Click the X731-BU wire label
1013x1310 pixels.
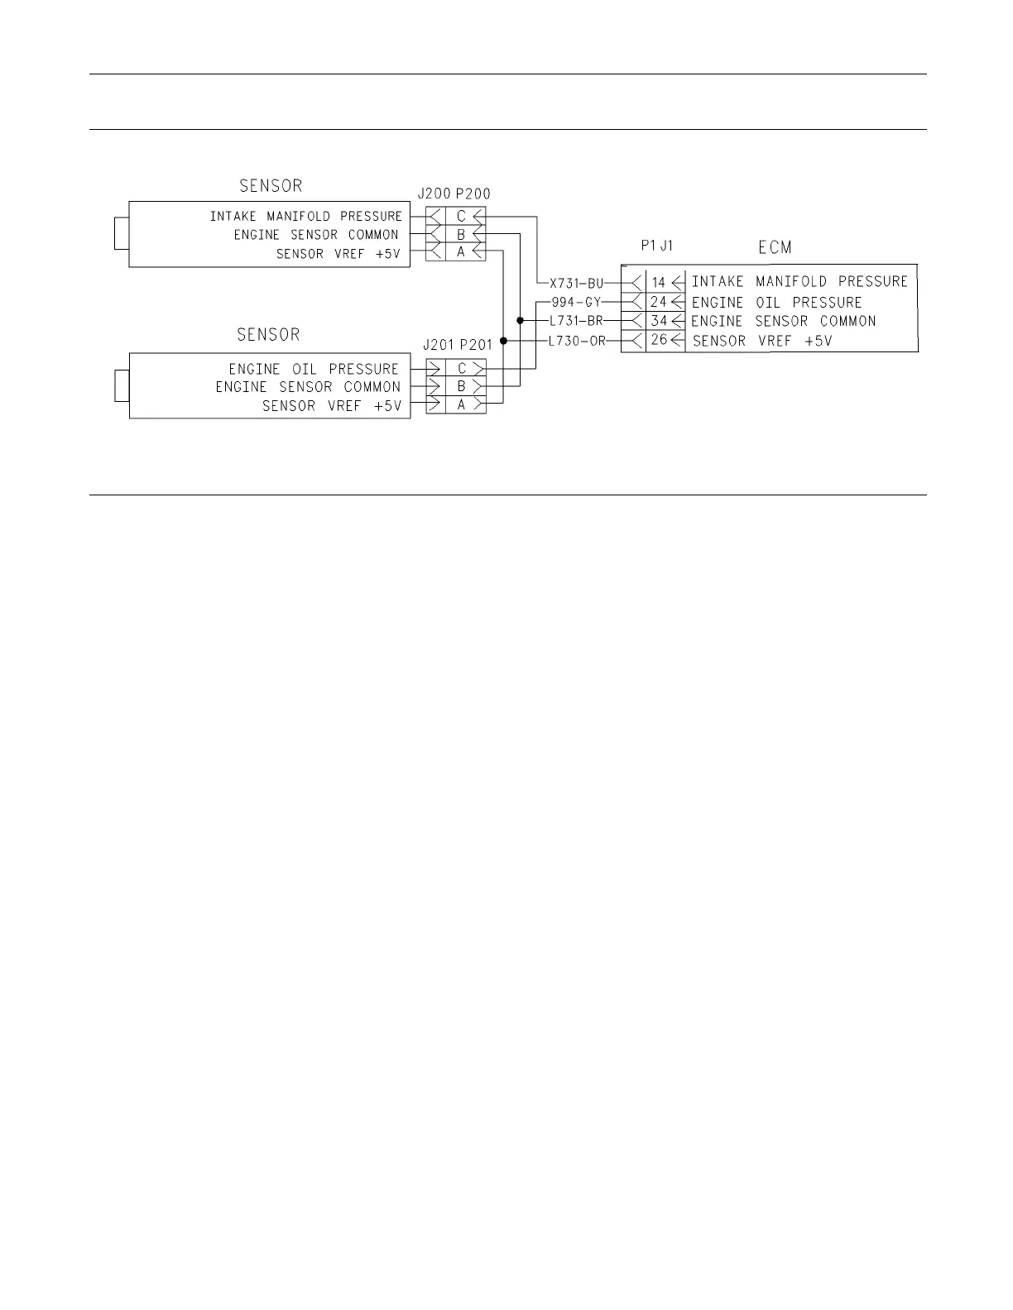coord(577,283)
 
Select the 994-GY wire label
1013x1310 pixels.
coord(576,302)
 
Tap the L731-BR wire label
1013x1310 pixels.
coord(576,321)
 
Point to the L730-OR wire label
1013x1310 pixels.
coord(577,341)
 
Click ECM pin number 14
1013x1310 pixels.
coord(658,283)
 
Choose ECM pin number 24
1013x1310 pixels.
coord(658,302)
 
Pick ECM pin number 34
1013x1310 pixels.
coord(658,321)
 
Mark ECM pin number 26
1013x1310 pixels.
coord(658,341)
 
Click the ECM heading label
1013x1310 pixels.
coord(775,247)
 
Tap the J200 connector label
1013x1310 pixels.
coord(434,194)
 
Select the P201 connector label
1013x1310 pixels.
coord(477,345)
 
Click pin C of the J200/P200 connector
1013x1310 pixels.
coord(461,217)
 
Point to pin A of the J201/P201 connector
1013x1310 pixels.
coord(461,404)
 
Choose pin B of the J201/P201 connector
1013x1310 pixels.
coord(461,386)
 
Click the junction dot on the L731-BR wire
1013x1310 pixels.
coord(520,321)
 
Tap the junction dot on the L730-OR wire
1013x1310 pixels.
coord(503,341)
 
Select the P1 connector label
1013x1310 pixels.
coord(648,246)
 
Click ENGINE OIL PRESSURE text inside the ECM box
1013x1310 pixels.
coord(776,303)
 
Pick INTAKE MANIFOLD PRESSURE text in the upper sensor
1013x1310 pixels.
coord(305,217)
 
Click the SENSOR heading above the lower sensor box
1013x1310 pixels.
coord(268,335)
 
